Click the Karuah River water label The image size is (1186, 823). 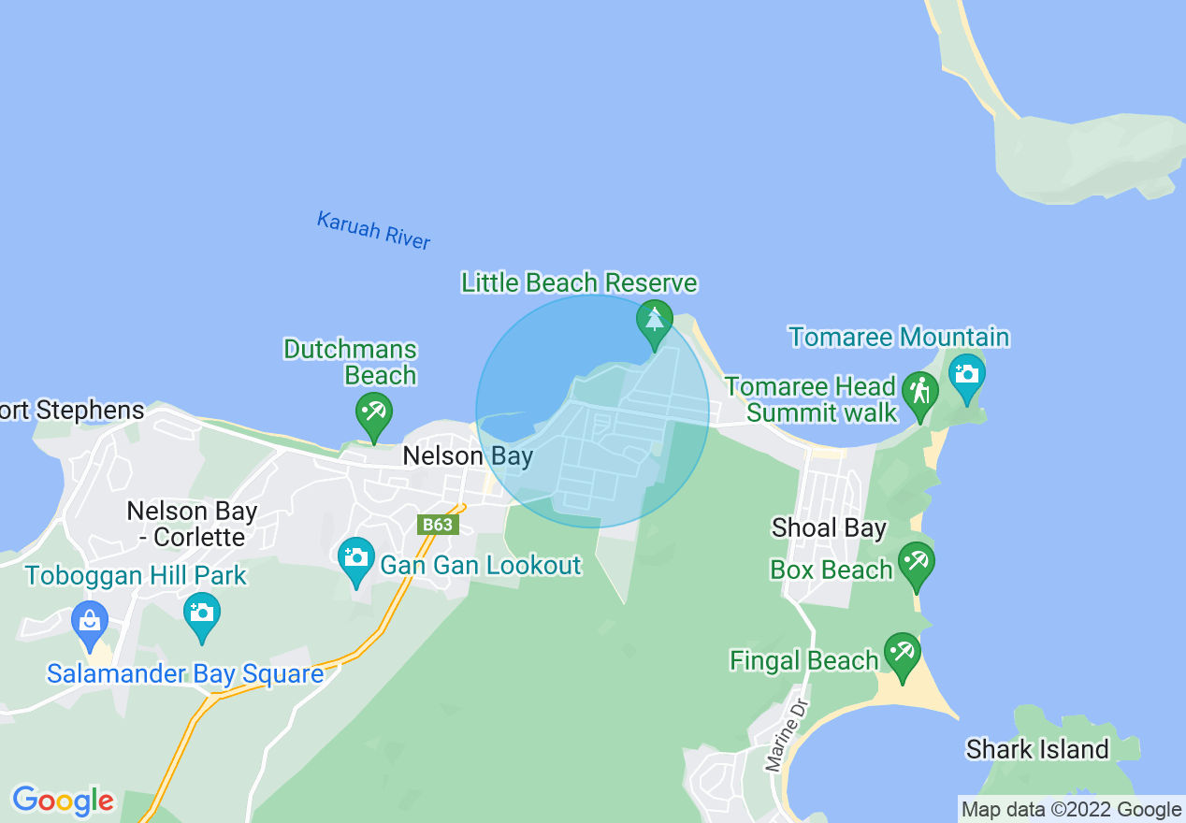pos(373,230)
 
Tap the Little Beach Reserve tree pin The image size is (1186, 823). pos(655,321)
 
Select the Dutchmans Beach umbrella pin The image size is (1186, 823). pos(374,412)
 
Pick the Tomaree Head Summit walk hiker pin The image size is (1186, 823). pos(920,393)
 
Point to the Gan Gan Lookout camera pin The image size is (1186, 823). pos(355,558)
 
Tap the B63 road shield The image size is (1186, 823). pos(438,525)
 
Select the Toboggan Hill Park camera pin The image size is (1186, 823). pos(202,614)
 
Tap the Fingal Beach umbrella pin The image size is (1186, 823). pos(902,654)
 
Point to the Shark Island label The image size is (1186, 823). pos(1037,750)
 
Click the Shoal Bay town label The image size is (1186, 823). pos(829,528)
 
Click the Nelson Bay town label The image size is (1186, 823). pos(468,456)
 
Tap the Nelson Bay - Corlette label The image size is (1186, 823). pos(192,524)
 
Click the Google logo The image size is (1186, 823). pos(63,801)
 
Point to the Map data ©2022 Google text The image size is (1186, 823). pos(1072,810)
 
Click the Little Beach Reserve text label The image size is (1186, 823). pos(579,282)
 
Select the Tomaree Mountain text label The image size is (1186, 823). pos(899,337)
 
